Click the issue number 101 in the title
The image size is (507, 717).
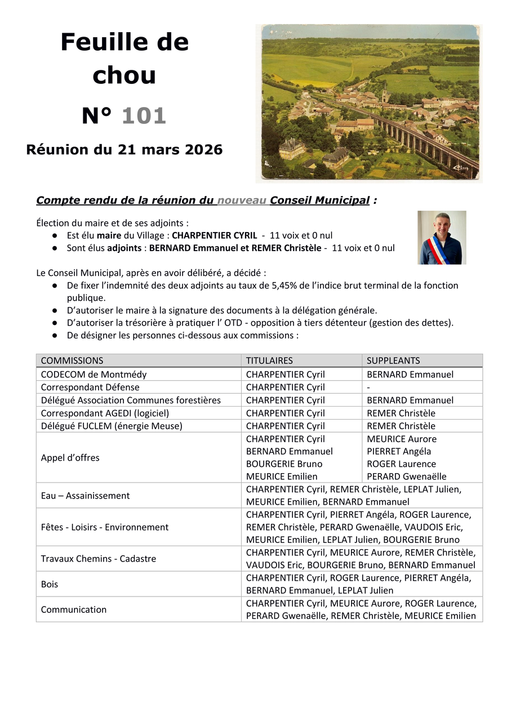144,116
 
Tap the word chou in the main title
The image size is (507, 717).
124,75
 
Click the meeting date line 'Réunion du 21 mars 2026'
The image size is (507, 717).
124,150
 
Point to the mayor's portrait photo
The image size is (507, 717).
442,238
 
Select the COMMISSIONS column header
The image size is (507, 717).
72,360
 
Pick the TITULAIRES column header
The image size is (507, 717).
269,360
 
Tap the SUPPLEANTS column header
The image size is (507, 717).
393,360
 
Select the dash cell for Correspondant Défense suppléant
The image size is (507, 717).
368,387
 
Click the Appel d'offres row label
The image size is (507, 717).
70,458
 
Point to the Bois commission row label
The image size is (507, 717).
50,584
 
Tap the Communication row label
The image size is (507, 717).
74,609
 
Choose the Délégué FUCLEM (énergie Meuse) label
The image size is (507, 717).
112,426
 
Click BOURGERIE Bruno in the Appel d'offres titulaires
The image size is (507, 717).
284,464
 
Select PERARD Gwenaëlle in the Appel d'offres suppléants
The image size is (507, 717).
406,476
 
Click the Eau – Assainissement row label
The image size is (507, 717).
86,496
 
